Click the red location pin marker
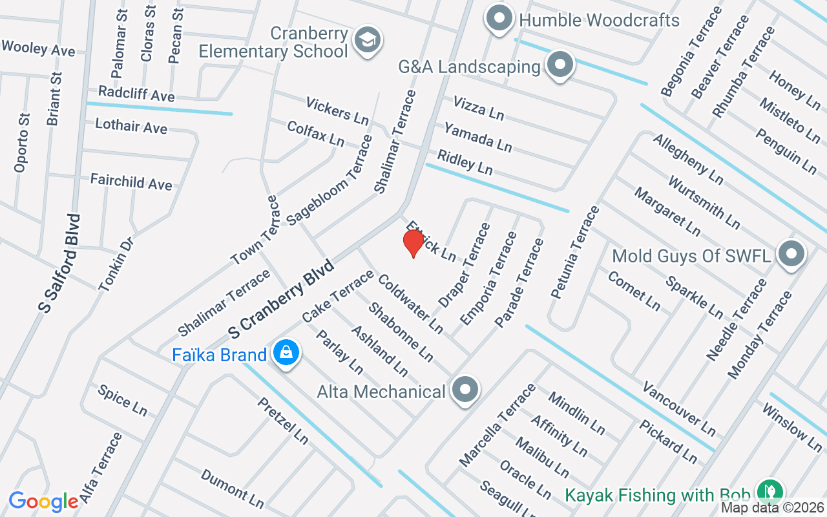pyautogui.click(x=413, y=244)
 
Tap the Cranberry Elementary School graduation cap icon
pyautogui.click(x=368, y=40)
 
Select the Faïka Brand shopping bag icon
pyautogui.click(x=285, y=353)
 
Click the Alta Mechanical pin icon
pyautogui.click(x=465, y=390)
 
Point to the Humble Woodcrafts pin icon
pyautogui.click(x=499, y=19)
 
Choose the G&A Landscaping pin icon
pyautogui.click(x=560, y=65)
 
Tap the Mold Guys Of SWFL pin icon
pyautogui.click(x=791, y=255)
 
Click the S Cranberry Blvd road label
pyautogui.click(x=281, y=299)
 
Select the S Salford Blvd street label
pyautogui.click(x=59, y=264)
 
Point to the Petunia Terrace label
pyautogui.click(x=575, y=252)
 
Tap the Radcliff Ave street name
pyautogui.click(x=136, y=94)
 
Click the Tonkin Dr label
pyautogui.click(x=116, y=263)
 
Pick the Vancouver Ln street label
pyautogui.click(x=679, y=408)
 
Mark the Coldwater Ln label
pyautogui.click(x=410, y=304)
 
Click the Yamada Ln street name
pyautogui.click(x=478, y=137)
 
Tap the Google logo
pyautogui.click(x=43, y=501)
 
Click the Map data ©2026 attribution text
pyautogui.click(x=772, y=509)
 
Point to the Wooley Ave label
pyautogui.click(x=39, y=48)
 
